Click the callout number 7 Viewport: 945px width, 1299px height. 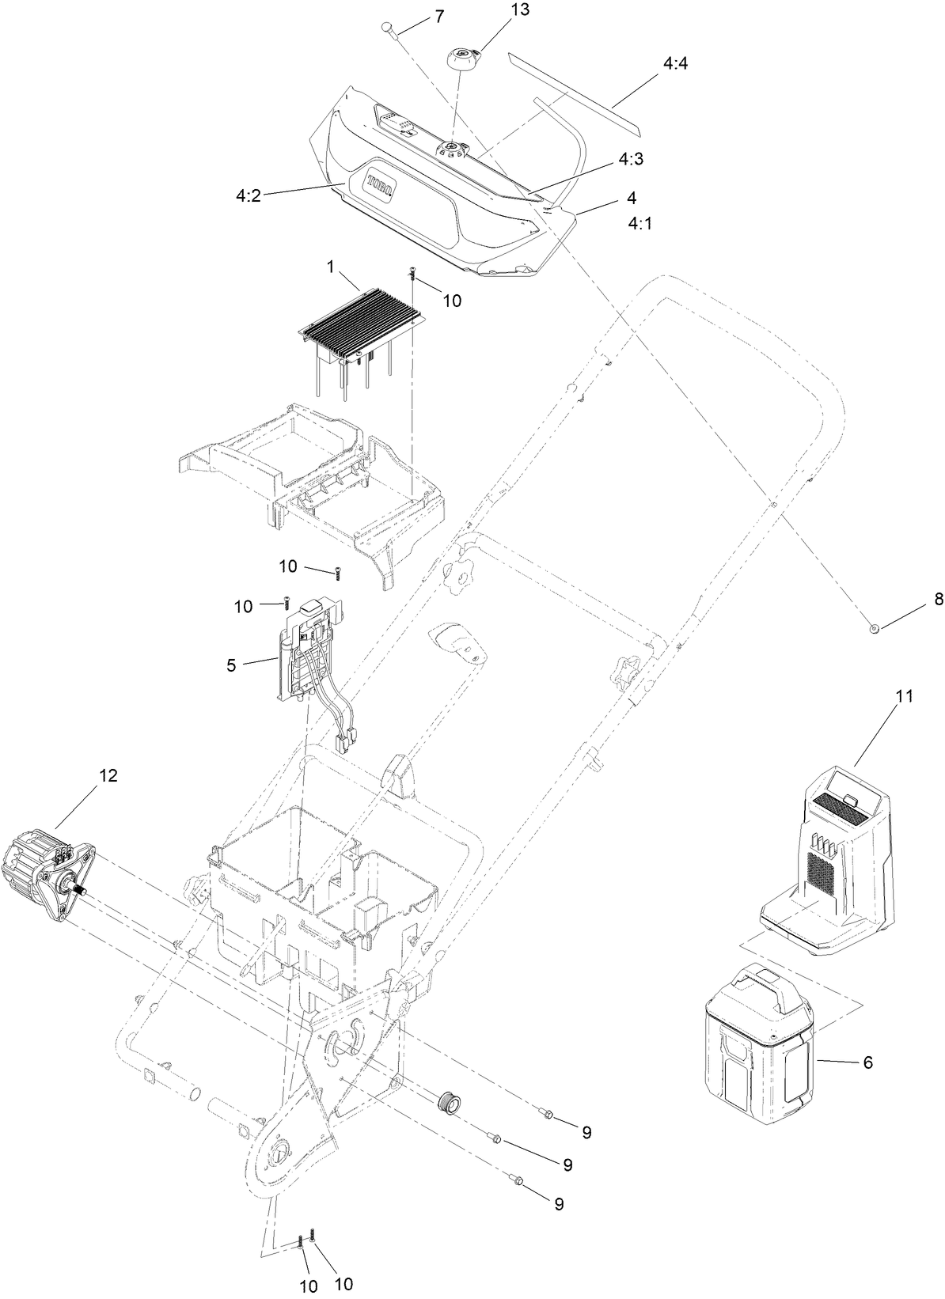[x=439, y=16]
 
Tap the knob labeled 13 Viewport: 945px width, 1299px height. [x=461, y=59]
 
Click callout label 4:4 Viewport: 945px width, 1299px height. [x=675, y=62]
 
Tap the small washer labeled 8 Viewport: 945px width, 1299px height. [x=874, y=628]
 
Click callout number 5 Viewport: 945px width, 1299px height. [x=231, y=665]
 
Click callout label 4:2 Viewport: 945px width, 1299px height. [x=248, y=195]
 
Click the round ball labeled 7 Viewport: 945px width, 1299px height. [x=388, y=27]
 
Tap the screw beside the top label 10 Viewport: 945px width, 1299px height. [x=412, y=274]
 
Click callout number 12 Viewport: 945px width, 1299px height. [x=108, y=776]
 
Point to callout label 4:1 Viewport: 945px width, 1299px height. [x=639, y=224]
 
